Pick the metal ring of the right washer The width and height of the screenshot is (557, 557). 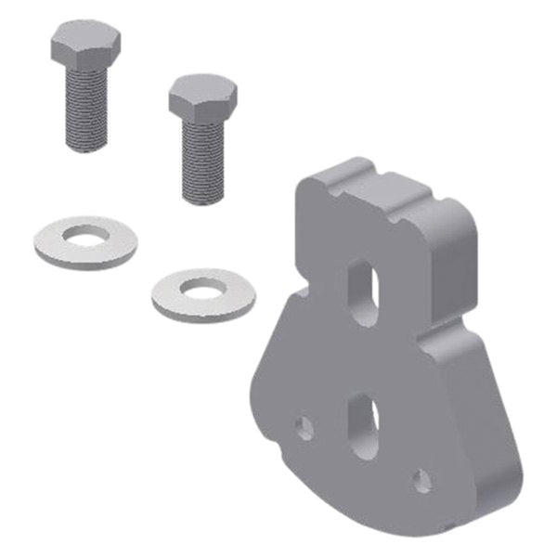[x=172, y=299]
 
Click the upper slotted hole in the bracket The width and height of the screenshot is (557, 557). [x=363, y=291]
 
